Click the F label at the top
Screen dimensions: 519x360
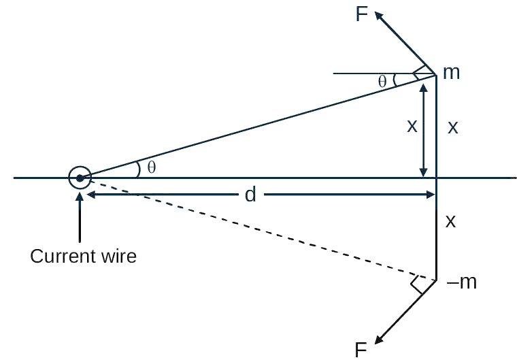[x=362, y=14]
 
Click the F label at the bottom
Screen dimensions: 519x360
[x=361, y=350]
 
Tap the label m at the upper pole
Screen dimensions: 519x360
[x=452, y=73]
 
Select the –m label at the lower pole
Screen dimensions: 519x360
[x=461, y=282]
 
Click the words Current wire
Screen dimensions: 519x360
[x=84, y=256]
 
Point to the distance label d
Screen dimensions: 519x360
[x=250, y=194]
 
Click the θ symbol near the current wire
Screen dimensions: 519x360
[x=151, y=167]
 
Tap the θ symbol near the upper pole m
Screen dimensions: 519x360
[x=382, y=82]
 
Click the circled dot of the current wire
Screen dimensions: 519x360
[x=80, y=178]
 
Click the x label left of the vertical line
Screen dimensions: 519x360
[x=412, y=126]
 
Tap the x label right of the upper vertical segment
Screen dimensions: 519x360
[x=453, y=127]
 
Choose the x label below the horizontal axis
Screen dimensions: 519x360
[x=450, y=221]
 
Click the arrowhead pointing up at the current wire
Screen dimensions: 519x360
[x=80, y=197]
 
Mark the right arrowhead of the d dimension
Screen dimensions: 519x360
[x=431, y=195]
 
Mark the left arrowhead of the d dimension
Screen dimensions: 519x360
[x=90, y=195]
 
